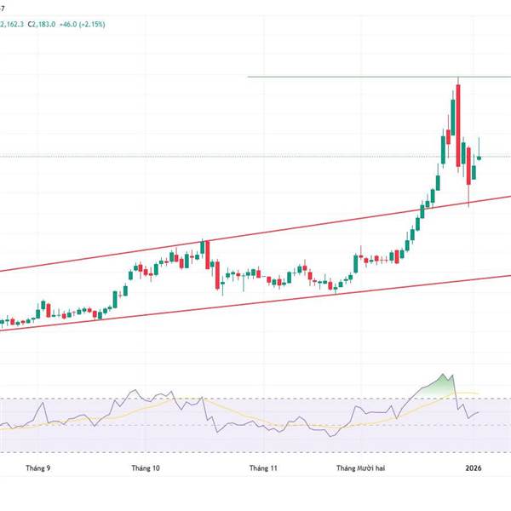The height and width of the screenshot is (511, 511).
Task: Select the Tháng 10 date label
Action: [x=146, y=468]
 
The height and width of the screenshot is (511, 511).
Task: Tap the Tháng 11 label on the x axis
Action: [x=263, y=468]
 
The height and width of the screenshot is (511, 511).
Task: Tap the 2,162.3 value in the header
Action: [x=12, y=25]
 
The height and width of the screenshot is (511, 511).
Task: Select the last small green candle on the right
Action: [x=479, y=158]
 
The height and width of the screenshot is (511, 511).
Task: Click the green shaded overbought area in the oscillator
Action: [x=439, y=385]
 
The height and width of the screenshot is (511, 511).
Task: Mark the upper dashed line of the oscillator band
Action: [x=255, y=399]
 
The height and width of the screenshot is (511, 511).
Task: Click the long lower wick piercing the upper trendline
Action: [x=469, y=195]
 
